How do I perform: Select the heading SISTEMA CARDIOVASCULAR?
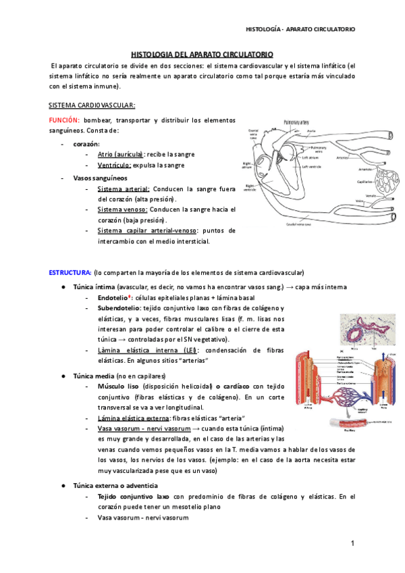pyautogui.click(x=92, y=105)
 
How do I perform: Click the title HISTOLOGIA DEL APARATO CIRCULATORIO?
pyautogui.click(x=201, y=53)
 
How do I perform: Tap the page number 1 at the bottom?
pyautogui.click(x=352, y=544)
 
